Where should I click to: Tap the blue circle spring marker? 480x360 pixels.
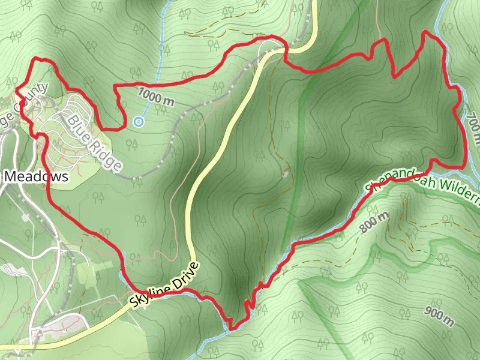click(x=139, y=122)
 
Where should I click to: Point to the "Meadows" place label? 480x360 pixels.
click(x=36, y=176)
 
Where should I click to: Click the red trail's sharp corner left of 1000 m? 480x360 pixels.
click(x=115, y=88)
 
